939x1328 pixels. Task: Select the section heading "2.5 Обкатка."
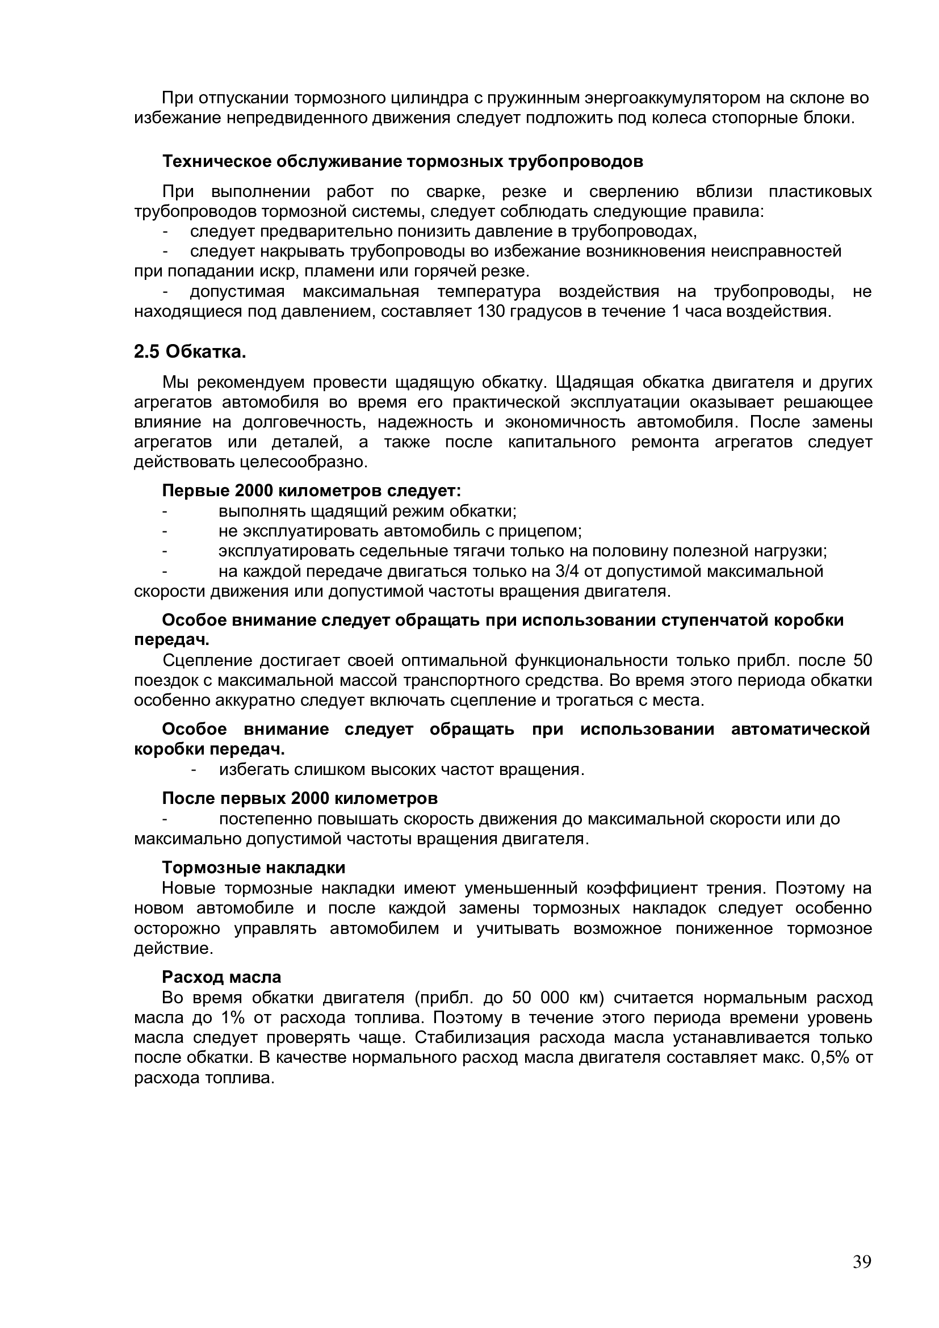pyautogui.click(x=190, y=351)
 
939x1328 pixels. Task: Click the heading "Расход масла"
pyautogui.click(x=221, y=977)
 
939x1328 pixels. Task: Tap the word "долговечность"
pyautogui.click(x=303, y=422)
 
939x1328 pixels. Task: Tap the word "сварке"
pyautogui.click(x=455, y=191)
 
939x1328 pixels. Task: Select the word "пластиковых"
pyautogui.click(x=820, y=191)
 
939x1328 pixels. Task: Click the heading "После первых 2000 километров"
pyautogui.click(x=300, y=798)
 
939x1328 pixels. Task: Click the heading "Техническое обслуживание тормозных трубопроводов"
pyautogui.click(x=403, y=161)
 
